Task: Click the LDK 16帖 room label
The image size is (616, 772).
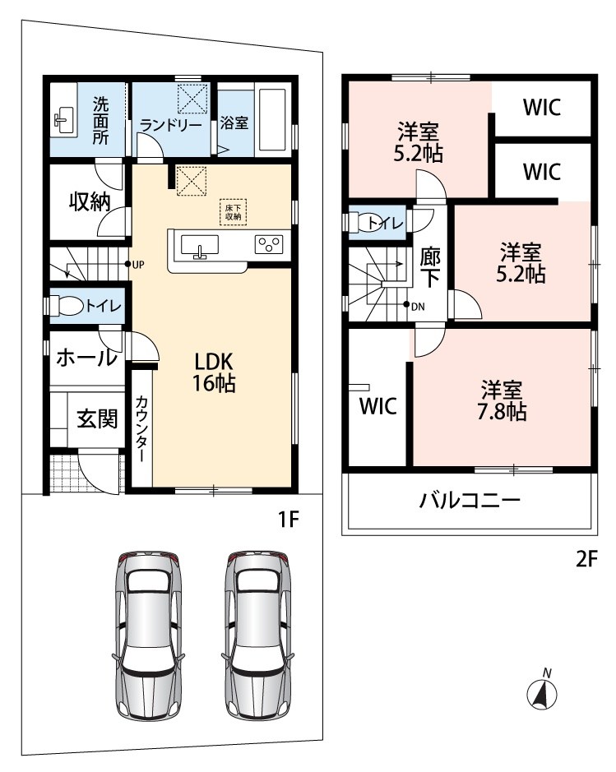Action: [x=214, y=372]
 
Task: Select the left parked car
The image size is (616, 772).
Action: [x=148, y=636]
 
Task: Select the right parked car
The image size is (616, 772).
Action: [x=257, y=636]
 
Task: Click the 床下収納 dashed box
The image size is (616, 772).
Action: [x=233, y=212]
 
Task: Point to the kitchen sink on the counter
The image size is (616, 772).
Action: [x=200, y=246]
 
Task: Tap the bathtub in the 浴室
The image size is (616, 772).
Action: [x=272, y=120]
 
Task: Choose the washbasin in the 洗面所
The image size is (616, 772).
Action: [x=63, y=120]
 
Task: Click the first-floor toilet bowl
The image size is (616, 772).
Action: [x=67, y=305]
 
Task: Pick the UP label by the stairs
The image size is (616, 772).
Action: [x=138, y=265]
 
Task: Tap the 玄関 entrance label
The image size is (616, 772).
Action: [x=98, y=419]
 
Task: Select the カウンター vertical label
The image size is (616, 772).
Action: [x=141, y=428]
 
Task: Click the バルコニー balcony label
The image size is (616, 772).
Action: [x=470, y=501]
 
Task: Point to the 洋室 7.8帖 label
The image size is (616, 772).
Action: [x=502, y=400]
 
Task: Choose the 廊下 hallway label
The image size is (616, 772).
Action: [x=430, y=268]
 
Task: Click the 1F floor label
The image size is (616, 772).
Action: [x=288, y=520]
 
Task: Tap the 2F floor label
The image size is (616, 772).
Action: [x=586, y=559]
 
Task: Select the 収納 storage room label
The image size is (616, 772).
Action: [x=90, y=201]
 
